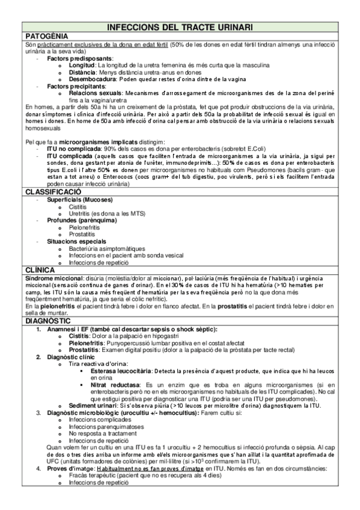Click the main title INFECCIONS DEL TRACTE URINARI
click(180, 28)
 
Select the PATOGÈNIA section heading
click(43, 36)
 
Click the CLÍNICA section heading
click(35, 269)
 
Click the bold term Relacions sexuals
click(94, 93)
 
